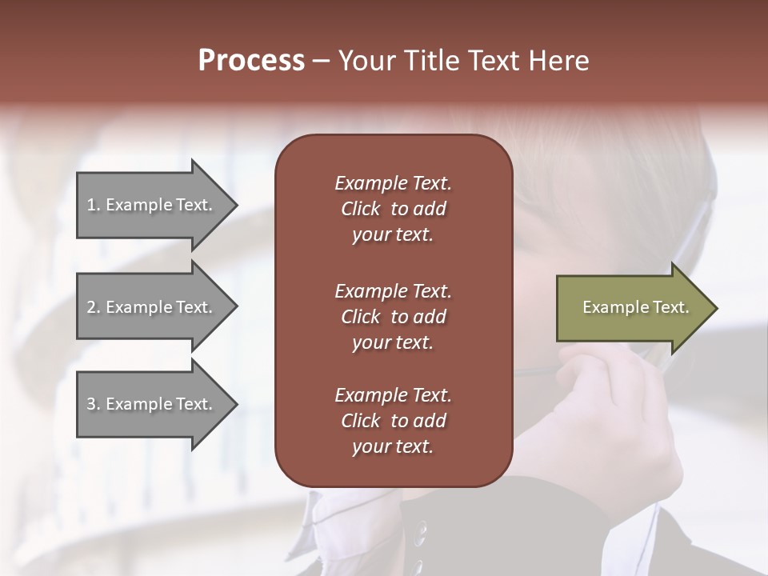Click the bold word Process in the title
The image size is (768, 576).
251,61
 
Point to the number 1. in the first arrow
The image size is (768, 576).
94,205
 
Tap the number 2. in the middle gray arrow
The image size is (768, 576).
94,307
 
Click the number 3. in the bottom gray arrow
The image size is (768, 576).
94,404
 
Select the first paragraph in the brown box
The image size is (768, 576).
393,209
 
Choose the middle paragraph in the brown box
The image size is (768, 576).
393,317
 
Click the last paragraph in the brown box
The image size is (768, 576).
393,421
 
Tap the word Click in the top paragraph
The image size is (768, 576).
360,209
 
